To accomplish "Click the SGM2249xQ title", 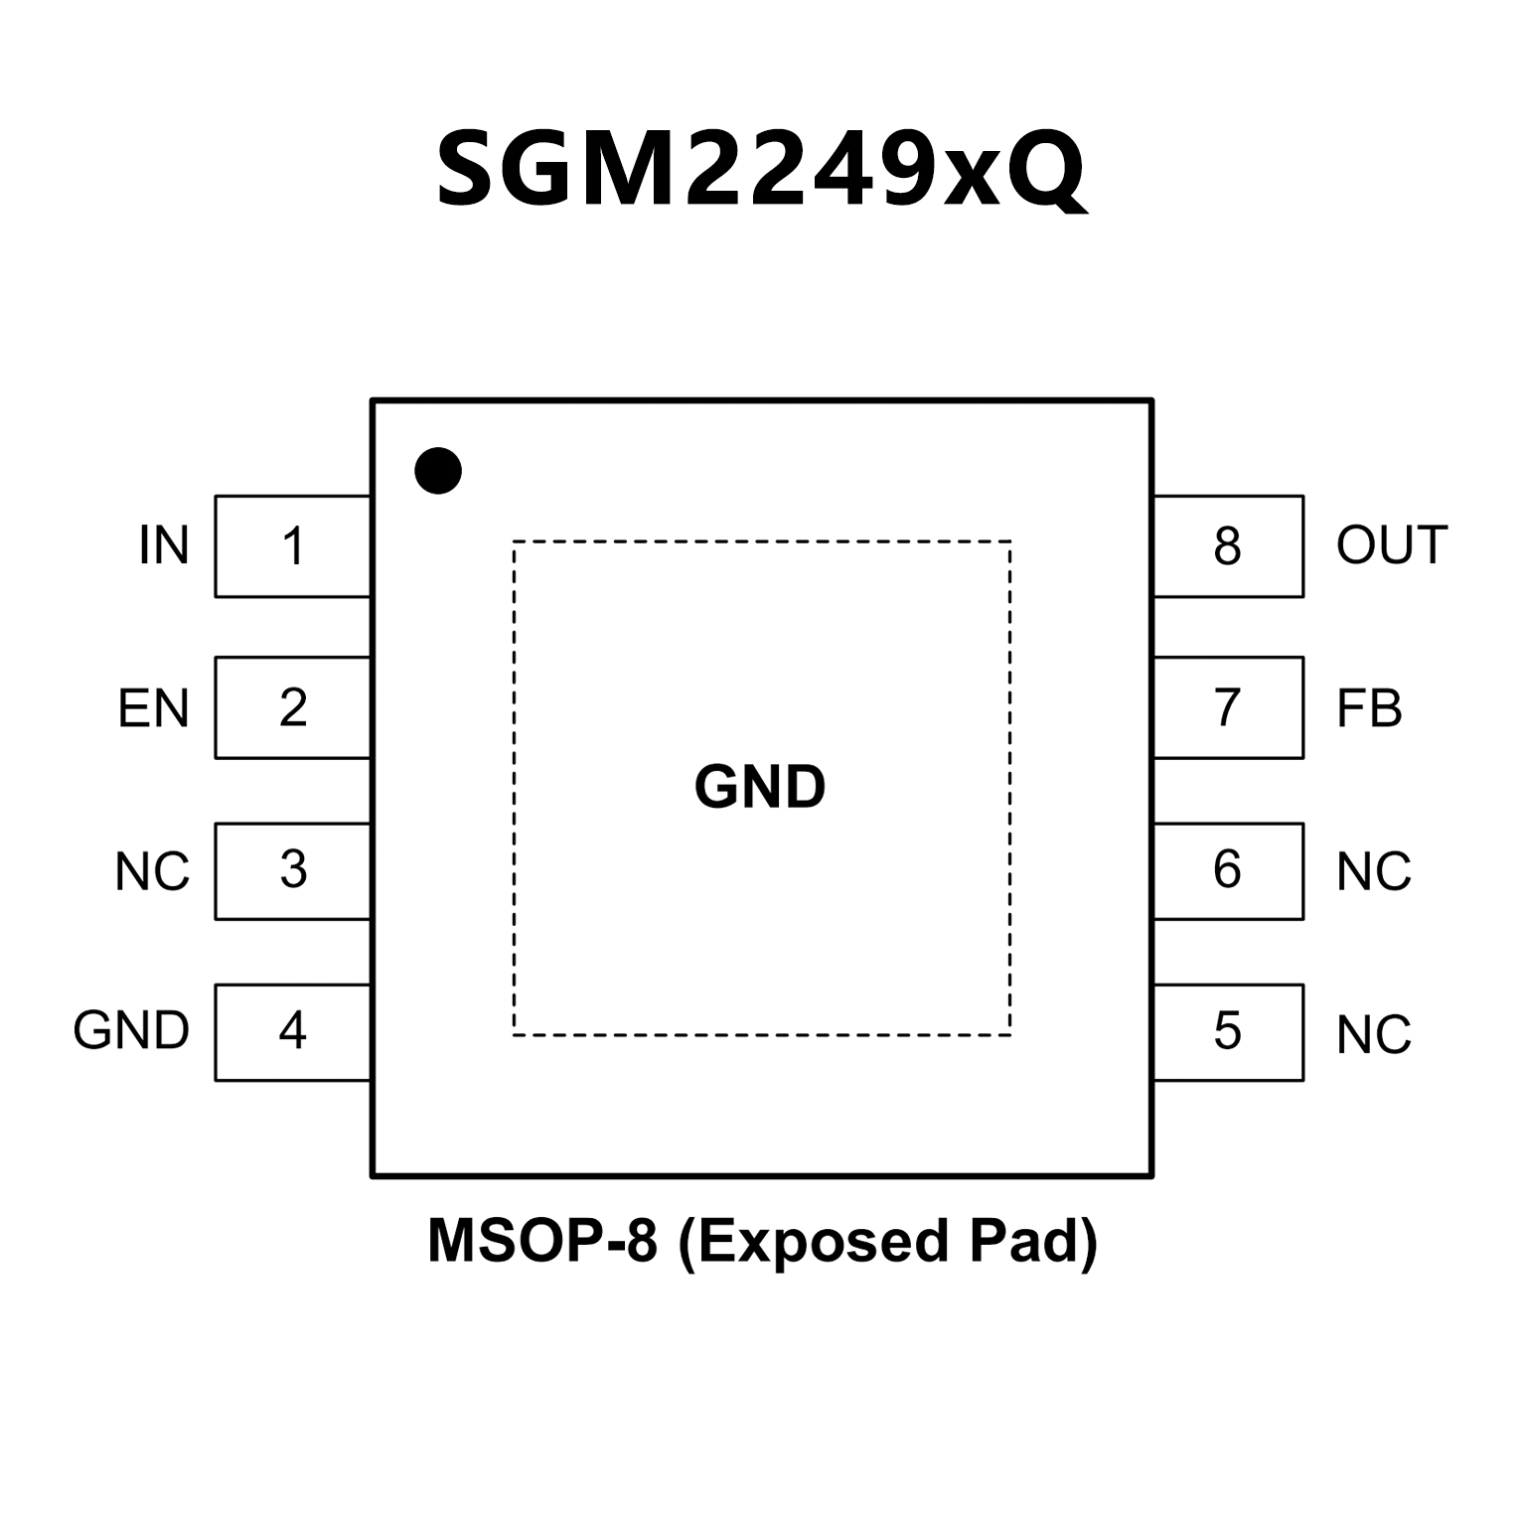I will click(761, 170).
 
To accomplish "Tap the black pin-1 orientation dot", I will click(438, 470).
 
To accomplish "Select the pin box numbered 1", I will click(293, 546).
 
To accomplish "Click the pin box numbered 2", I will click(293, 707).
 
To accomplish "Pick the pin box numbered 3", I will click(293, 870).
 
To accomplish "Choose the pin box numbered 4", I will click(293, 1031).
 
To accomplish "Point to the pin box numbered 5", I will click(1228, 1031).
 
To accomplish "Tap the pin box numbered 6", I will click(1228, 870).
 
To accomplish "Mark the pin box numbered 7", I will click(1228, 707).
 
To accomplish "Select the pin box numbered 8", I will click(1228, 546).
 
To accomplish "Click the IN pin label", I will click(164, 545).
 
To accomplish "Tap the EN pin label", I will click(153, 709).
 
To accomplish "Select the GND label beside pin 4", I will click(131, 1031).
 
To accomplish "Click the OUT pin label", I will click(1391, 545).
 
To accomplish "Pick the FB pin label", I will click(1369, 709).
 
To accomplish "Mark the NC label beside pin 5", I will click(1374, 1035).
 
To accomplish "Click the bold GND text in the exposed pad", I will click(760, 787).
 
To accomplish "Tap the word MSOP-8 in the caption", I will click(542, 1241).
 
